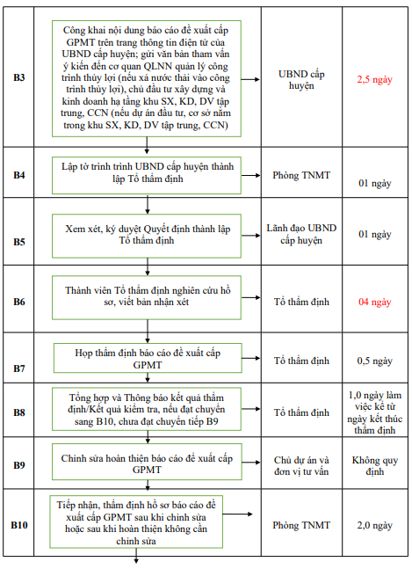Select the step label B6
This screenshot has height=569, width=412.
tap(19, 302)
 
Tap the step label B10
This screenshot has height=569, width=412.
tap(19, 525)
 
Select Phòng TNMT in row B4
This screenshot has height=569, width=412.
tap(301, 175)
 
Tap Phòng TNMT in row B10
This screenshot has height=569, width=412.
tap(301, 525)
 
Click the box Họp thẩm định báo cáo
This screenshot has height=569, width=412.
tap(147, 357)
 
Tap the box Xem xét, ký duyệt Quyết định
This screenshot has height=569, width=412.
tap(147, 234)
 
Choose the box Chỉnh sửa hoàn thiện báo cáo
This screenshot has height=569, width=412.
tap(147, 463)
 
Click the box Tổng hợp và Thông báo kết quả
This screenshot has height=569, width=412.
tap(147, 409)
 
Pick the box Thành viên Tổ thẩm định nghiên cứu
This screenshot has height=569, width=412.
tap(147, 295)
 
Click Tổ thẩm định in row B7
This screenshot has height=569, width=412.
tap(301, 361)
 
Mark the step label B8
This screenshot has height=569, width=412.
tap(19, 412)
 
